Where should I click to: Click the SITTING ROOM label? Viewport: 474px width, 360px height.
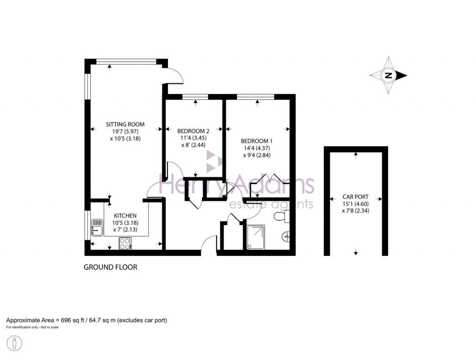125,124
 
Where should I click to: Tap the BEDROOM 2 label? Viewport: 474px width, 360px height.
193,131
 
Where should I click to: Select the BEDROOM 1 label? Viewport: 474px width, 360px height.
256,141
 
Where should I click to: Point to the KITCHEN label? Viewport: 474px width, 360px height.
125,216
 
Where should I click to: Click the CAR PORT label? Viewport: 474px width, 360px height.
355,197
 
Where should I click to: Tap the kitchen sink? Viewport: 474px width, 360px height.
97,227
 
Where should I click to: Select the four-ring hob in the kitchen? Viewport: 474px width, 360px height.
125,243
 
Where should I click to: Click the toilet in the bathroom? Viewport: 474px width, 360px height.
281,217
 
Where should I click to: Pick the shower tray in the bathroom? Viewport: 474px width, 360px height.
256,237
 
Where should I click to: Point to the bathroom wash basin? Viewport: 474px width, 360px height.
286,236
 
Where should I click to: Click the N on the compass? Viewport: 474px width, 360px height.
388,75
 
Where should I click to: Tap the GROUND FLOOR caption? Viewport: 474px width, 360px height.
110,267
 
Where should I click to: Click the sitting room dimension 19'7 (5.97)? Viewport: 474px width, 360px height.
125,131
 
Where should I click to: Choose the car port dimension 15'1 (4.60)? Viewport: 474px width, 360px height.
355,204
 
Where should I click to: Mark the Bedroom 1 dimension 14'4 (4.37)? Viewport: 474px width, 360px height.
256,148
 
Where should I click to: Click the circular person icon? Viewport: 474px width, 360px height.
14,343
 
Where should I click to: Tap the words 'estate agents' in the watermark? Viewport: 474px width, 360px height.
271,204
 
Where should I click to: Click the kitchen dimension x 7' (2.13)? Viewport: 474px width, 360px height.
125,230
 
